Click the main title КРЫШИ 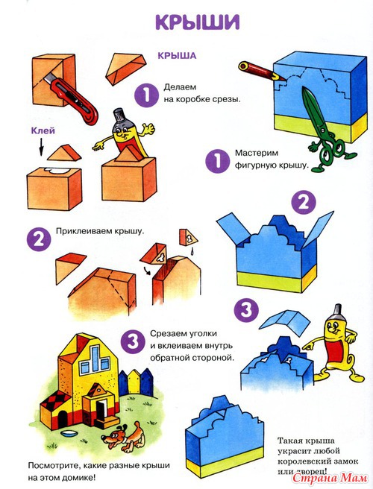coord(197,22)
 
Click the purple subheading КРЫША coord(177,55)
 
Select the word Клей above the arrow coord(43,130)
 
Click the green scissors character coord(326,131)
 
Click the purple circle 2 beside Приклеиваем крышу coord(39,239)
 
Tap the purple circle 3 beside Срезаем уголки coord(133,341)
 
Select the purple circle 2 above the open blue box coord(304,203)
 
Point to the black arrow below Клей coord(40,147)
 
